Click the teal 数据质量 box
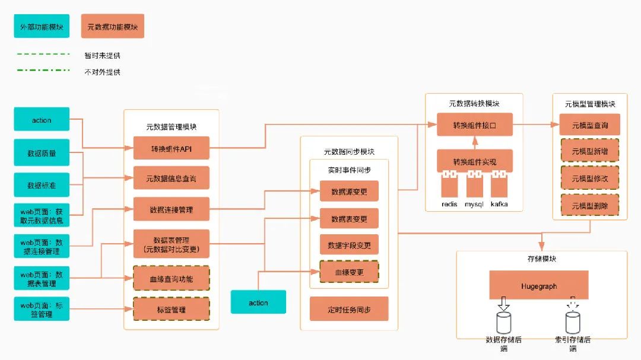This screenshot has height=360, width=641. [x=42, y=153]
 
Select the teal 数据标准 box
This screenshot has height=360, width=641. [x=42, y=185]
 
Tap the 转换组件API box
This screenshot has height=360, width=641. [x=171, y=149]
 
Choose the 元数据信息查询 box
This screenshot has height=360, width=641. [x=171, y=178]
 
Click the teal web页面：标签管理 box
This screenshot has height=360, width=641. [x=42, y=309]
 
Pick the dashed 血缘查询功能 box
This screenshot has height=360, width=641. [x=171, y=278]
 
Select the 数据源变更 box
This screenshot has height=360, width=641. [x=349, y=192]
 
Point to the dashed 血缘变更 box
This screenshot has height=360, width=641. [x=349, y=272]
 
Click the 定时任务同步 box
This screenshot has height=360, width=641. [x=349, y=309]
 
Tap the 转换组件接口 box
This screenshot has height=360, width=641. [x=474, y=126]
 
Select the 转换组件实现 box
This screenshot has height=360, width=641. [x=474, y=162]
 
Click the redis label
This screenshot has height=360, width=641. [x=449, y=205]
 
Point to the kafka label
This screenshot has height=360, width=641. [x=499, y=205]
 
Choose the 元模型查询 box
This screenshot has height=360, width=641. [x=589, y=125]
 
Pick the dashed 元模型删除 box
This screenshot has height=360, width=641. [x=589, y=206]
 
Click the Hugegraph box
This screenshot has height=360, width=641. [x=539, y=286]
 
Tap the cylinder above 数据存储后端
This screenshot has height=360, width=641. [x=504, y=323]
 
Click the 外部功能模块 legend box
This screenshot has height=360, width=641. [x=42, y=27]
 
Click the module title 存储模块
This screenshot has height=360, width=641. [x=541, y=259]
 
